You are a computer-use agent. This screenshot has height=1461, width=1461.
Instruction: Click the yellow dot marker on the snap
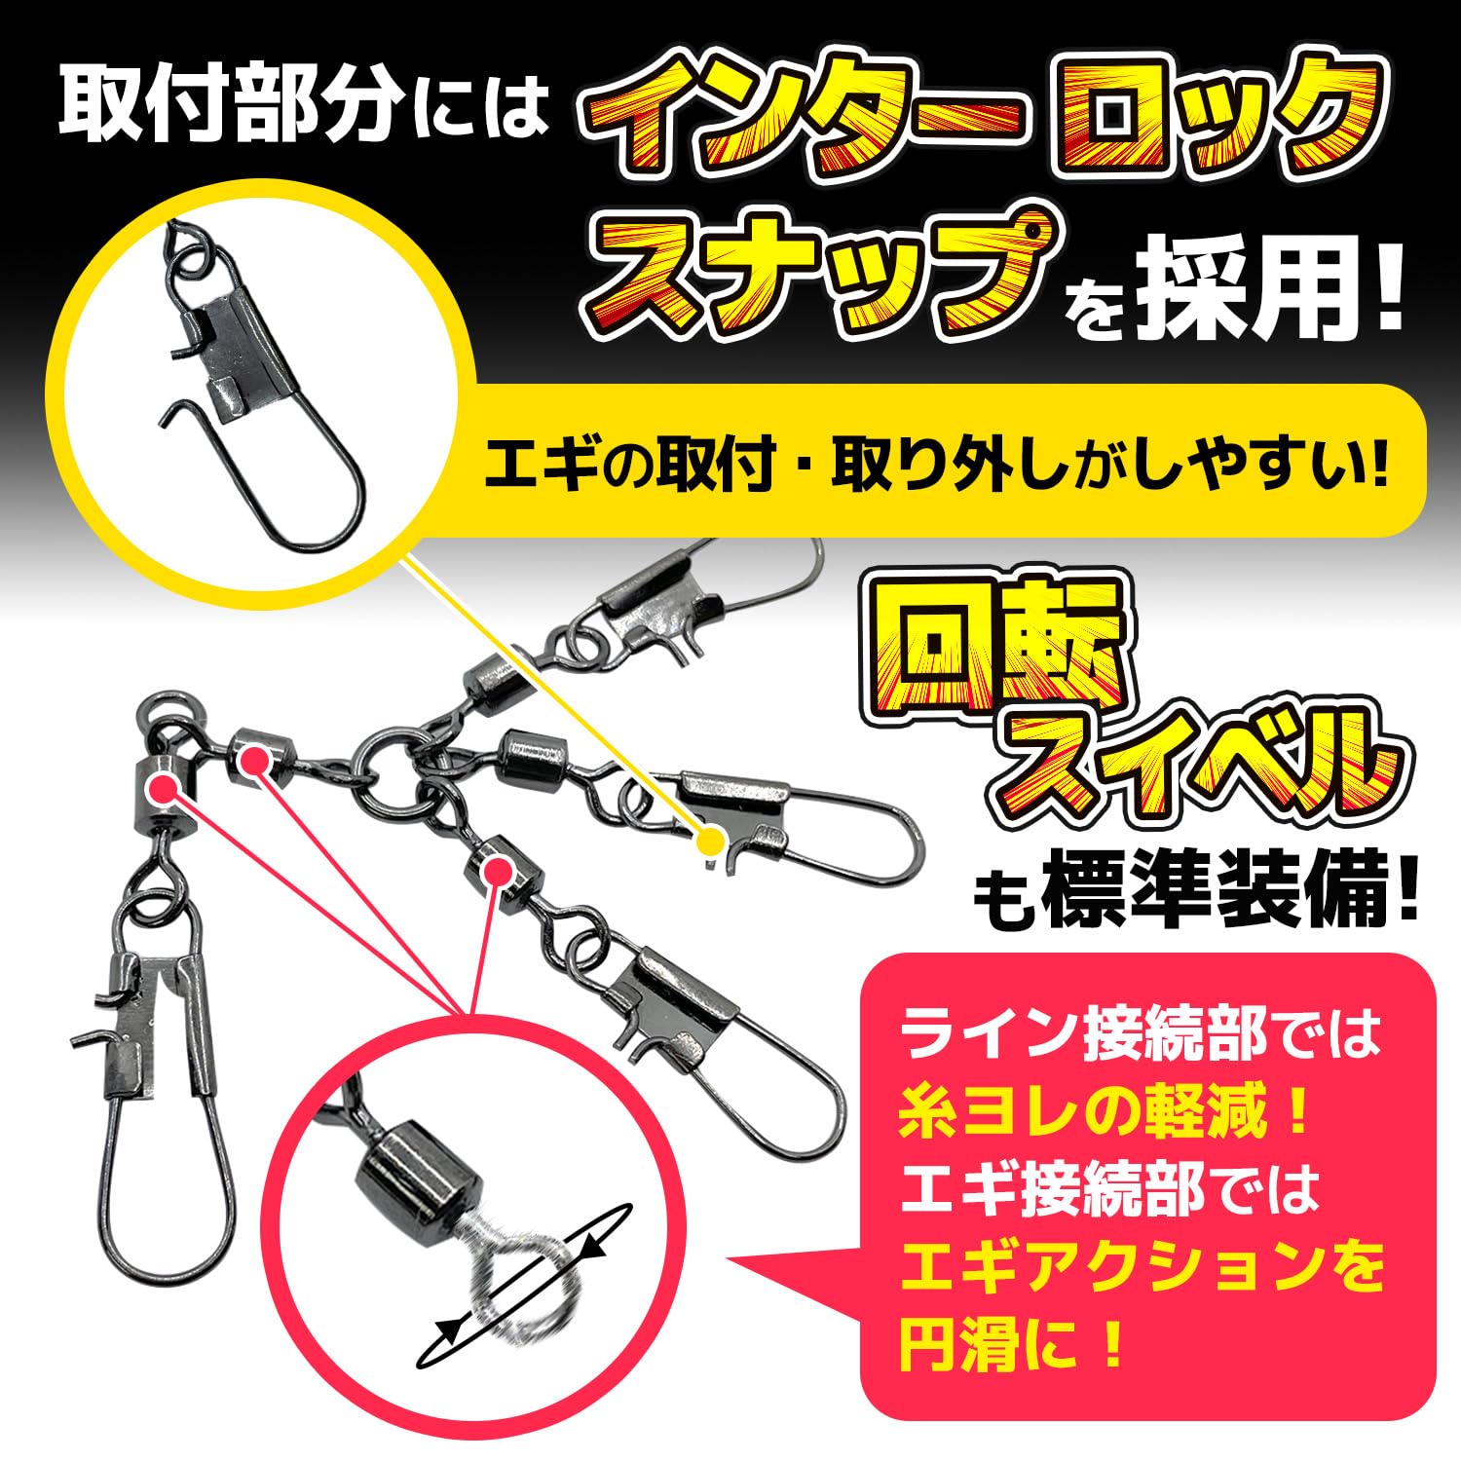[x=713, y=840]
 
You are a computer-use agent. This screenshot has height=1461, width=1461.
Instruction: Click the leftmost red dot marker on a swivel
[x=164, y=787]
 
